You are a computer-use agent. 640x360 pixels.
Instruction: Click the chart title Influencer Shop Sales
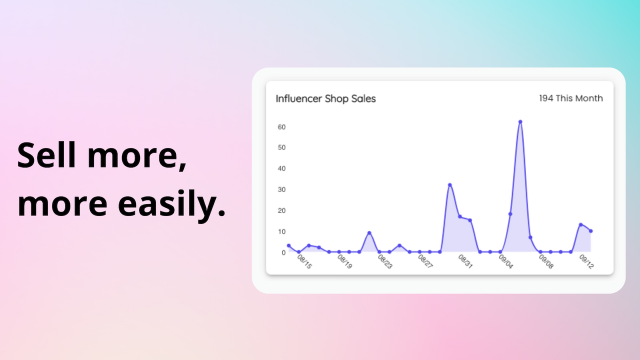325,98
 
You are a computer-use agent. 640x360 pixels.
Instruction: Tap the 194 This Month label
570,98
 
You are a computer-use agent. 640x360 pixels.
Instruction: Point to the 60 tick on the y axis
282,127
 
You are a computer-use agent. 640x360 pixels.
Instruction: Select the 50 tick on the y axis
282,147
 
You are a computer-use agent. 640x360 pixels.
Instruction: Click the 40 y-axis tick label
282,168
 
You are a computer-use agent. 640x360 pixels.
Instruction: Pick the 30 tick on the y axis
282,189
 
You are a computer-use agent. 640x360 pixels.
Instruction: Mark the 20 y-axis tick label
282,210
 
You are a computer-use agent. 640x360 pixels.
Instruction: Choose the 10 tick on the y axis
282,231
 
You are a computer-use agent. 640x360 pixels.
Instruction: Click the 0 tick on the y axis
283,252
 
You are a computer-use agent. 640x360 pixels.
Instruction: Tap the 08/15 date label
304,262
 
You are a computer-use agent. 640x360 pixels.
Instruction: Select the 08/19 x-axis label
344,262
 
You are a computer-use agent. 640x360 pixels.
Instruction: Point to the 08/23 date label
385,262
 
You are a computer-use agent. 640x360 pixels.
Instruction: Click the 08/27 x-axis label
425,262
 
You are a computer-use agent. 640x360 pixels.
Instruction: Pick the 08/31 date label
465,262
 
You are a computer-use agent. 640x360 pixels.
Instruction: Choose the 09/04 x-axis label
506,262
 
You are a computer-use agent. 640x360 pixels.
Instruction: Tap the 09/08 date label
546,262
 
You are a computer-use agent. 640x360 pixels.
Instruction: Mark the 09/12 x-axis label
586,262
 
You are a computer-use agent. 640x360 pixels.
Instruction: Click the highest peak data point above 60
520,121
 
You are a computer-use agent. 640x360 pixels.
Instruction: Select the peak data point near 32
449,185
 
